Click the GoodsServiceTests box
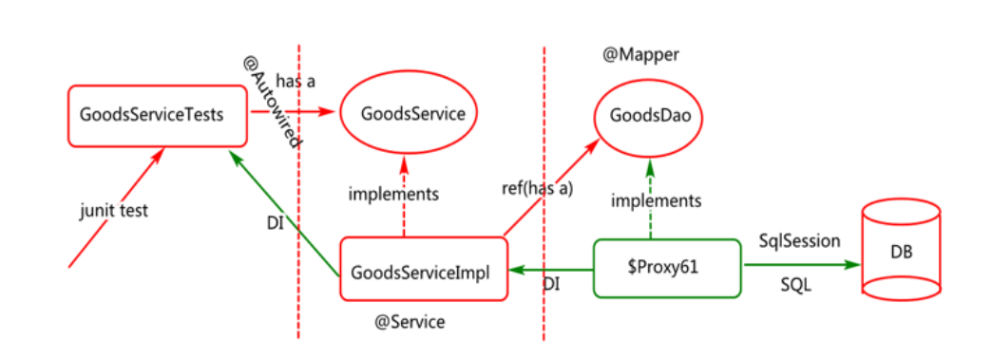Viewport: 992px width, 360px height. pos(152,116)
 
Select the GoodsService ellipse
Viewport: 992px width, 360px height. pos(411,115)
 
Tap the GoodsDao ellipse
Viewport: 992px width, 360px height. pos(649,116)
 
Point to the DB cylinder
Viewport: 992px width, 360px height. pos(902,254)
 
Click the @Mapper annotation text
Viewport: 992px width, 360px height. pos(641,55)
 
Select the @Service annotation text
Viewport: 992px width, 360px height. pos(410,322)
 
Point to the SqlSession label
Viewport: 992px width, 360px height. pos(798,241)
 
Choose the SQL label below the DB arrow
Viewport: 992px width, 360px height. pos(795,285)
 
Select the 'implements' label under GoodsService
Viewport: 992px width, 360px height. pos(393,194)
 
